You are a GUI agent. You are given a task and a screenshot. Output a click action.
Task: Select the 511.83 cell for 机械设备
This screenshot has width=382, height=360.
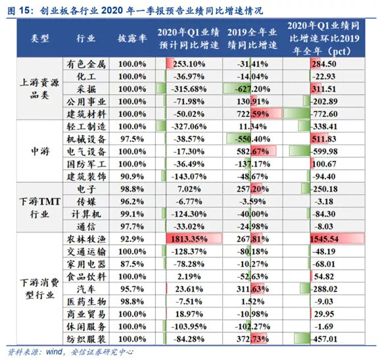pos(330,139)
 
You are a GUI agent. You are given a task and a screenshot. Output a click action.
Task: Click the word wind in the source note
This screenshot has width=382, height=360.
pos(52,351)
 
